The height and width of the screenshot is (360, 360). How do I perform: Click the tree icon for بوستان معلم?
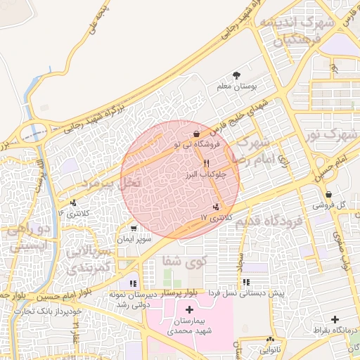coord(236,75)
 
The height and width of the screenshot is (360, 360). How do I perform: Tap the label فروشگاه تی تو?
coord(198,144)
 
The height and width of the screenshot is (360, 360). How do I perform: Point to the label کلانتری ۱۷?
coord(216,217)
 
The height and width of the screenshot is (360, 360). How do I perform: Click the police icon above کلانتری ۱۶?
coord(75,202)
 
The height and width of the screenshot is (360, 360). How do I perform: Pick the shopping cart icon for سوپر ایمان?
coord(134,229)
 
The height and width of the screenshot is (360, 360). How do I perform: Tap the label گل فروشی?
coord(333,205)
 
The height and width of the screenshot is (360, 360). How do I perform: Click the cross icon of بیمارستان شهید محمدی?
coord(189,310)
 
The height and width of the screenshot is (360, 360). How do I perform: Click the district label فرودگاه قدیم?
coord(269,223)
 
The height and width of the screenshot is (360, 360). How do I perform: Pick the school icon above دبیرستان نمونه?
coord(134,283)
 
